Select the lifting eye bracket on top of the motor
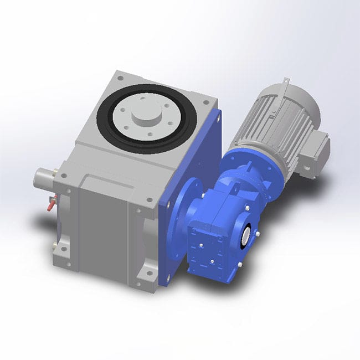(284, 85)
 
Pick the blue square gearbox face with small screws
(205, 244)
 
